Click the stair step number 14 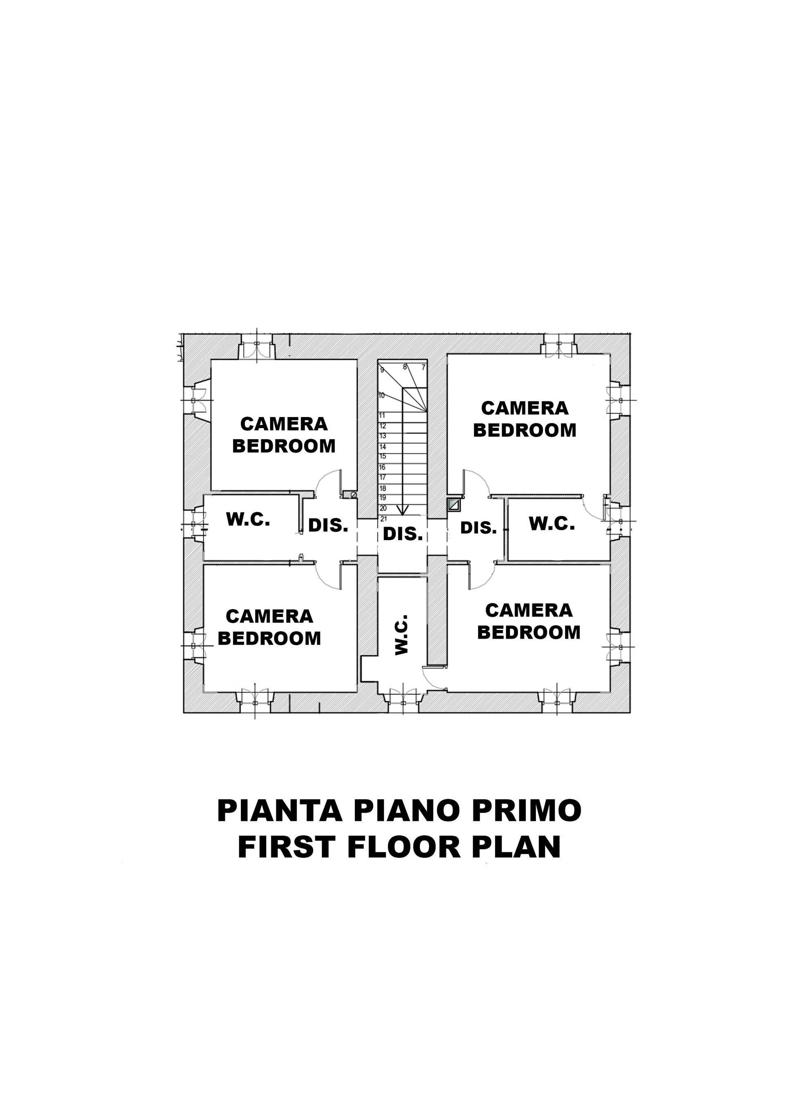tap(382, 447)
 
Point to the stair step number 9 tap(382, 370)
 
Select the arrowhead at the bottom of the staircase tap(402, 510)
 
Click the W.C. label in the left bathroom tap(248, 520)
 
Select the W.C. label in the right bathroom tap(552, 524)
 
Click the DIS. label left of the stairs tap(328, 525)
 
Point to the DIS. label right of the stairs tap(478, 528)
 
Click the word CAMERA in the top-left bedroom tap(284, 424)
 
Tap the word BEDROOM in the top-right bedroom tap(525, 430)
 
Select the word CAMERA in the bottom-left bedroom tap(270, 617)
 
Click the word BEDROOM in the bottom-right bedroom tap(529, 632)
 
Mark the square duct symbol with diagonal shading tap(453, 505)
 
